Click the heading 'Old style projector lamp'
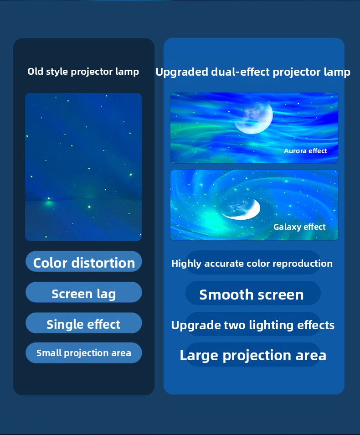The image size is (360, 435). (83, 72)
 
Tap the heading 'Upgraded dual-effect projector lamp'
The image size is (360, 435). (252, 72)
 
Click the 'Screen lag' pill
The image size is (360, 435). (84, 292)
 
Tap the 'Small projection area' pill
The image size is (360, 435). (84, 353)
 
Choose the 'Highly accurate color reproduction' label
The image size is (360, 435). (252, 264)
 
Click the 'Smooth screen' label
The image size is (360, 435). (252, 295)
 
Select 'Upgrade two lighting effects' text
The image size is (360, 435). (252, 325)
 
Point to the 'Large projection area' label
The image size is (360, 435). (253, 355)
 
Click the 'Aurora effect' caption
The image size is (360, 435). (305, 151)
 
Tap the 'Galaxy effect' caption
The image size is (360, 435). (299, 227)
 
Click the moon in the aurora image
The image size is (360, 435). (254, 117)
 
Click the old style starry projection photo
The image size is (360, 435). (83, 167)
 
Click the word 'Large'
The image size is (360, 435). (199, 356)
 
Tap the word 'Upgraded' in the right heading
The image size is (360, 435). (182, 72)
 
